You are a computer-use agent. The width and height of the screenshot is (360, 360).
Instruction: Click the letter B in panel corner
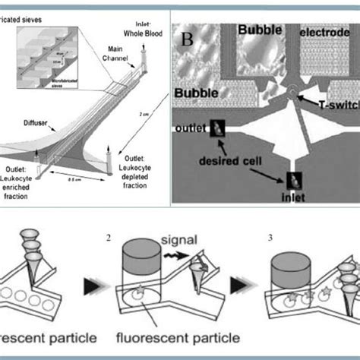pos(186,37)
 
